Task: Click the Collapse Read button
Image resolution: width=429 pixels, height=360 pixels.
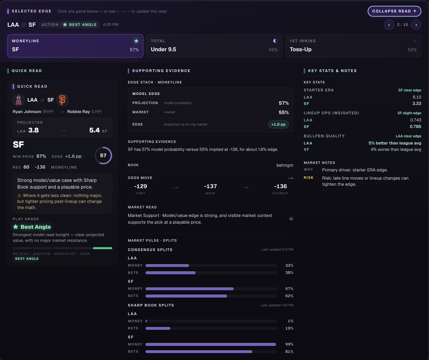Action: coord(394,11)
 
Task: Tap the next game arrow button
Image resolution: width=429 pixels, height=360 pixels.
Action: coord(416,25)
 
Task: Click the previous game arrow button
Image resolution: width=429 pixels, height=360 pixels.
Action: coord(389,25)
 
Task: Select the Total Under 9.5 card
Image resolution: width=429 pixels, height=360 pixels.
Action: coord(214,46)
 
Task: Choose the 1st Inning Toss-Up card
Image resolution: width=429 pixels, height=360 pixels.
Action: coord(353,46)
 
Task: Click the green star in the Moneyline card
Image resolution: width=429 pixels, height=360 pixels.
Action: coord(136,41)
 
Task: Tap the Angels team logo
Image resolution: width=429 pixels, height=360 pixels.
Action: coord(19,100)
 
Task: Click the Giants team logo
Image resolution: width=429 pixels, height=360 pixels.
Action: coord(62,100)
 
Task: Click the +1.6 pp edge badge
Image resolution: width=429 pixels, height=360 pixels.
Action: coord(278,124)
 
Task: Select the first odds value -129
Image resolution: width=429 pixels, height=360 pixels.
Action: coord(140,186)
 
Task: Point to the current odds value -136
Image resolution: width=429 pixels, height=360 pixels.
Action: coord(280,186)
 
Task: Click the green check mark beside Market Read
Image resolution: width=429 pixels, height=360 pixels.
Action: coord(291,219)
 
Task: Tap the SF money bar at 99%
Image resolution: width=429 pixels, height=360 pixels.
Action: coord(211,344)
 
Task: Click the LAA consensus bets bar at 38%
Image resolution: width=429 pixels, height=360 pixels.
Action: coord(170,273)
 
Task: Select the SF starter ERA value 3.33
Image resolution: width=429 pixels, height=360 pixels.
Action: coord(416,104)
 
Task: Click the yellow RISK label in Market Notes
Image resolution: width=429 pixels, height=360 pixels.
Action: coord(309,178)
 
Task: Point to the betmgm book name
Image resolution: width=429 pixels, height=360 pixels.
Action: coord(285,165)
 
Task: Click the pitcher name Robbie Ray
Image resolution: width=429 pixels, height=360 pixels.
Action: coord(79,112)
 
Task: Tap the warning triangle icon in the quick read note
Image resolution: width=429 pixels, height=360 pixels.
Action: coord(19,196)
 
